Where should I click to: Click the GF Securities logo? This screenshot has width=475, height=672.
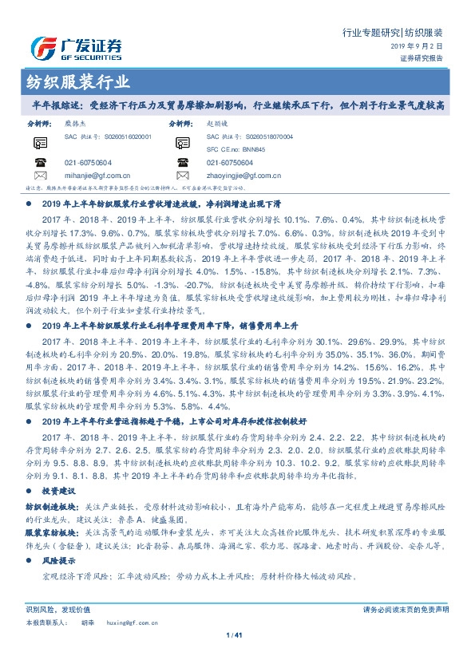click(76, 47)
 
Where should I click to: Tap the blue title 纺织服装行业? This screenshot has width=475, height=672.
click(74, 83)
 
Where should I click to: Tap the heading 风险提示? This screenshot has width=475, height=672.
click(57, 562)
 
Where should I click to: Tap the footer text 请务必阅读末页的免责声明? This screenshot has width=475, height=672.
click(405, 610)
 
